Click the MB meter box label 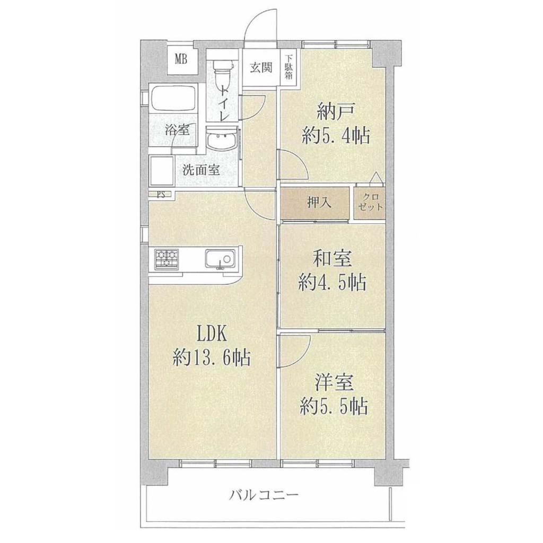tap(181, 60)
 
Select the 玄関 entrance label tap(261, 67)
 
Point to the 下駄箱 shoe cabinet tap(288, 67)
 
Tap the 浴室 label tap(177, 130)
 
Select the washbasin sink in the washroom tap(222, 140)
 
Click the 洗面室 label tap(201, 170)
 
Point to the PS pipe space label tap(161, 194)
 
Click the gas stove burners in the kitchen tap(167, 259)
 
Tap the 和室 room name tap(332, 259)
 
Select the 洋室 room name tap(334, 383)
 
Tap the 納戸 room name tap(335, 113)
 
